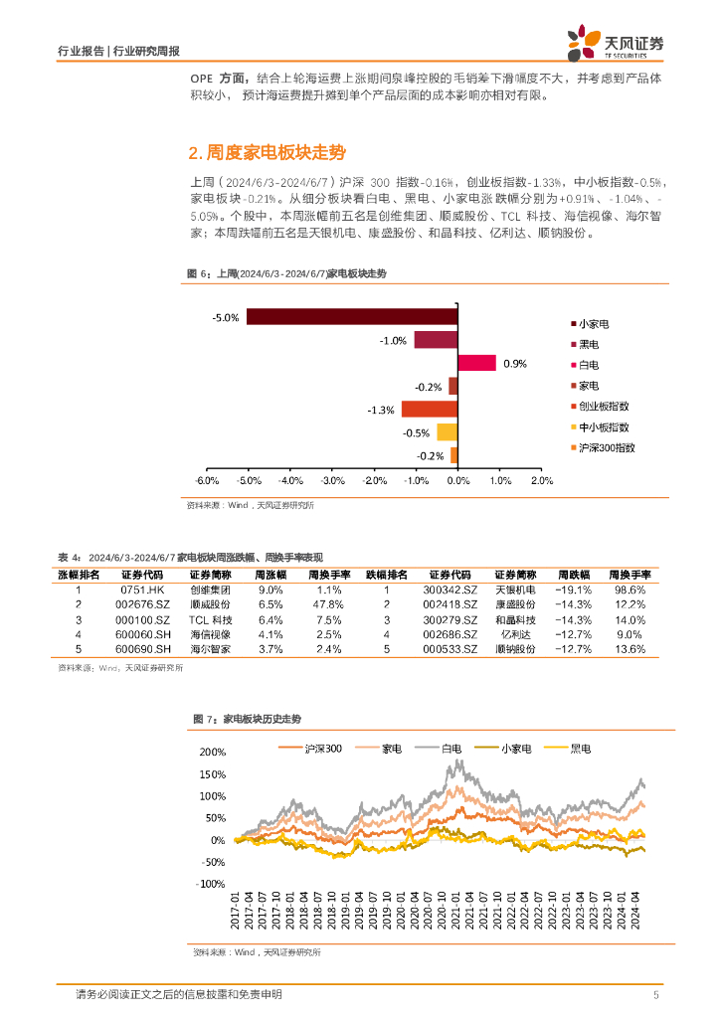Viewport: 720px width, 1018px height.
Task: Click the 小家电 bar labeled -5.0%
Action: pos(352,317)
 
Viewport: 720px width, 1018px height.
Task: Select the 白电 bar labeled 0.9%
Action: pos(476,363)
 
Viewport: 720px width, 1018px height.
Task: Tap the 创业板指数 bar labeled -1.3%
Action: pos(429,409)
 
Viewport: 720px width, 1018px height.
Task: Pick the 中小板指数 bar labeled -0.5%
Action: pos(447,431)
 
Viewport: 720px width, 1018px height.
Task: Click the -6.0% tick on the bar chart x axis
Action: pos(207,480)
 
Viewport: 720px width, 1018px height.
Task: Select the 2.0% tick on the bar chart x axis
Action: pos(541,480)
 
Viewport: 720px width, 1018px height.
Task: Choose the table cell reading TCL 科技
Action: pos(210,619)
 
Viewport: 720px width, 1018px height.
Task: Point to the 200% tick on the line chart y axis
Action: pos(213,752)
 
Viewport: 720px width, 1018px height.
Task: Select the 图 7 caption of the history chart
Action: pos(247,718)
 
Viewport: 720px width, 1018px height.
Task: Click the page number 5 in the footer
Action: pos(656,995)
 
